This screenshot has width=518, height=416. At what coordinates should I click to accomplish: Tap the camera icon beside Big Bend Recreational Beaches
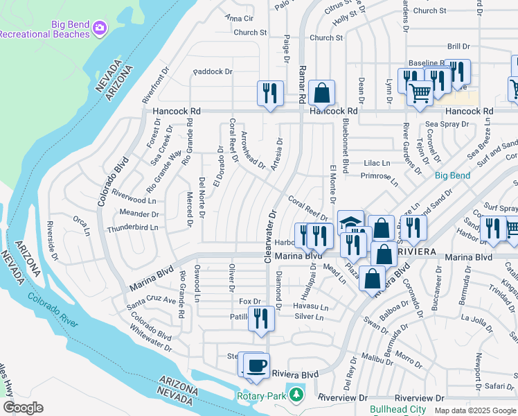pyautogui.click(x=100, y=27)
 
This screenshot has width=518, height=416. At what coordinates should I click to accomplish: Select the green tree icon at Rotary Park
pyautogui.click(x=297, y=395)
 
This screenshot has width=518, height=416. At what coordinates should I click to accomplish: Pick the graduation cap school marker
pyautogui.click(x=350, y=222)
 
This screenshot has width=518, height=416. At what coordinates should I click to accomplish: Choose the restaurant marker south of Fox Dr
pyautogui.click(x=261, y=318)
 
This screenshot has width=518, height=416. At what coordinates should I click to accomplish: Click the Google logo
pyautogui.click(x=23, y=408)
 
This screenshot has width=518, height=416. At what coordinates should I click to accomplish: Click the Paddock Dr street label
pyautogui.click(x=213, y=71)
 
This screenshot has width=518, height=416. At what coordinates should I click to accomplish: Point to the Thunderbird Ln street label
pyautogui.click(x=132, y=227)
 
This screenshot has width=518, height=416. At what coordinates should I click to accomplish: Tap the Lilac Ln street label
pyautogui.click(x=377, y=163)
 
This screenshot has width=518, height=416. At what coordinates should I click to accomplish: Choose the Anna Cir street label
pyautogui.click(x=240, y=17)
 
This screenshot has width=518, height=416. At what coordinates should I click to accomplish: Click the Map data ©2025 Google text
pyautogui.click(x=474, y=410)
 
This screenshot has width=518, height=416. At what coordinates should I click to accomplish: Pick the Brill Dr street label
pyautogui.click(x=458, y=46)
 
